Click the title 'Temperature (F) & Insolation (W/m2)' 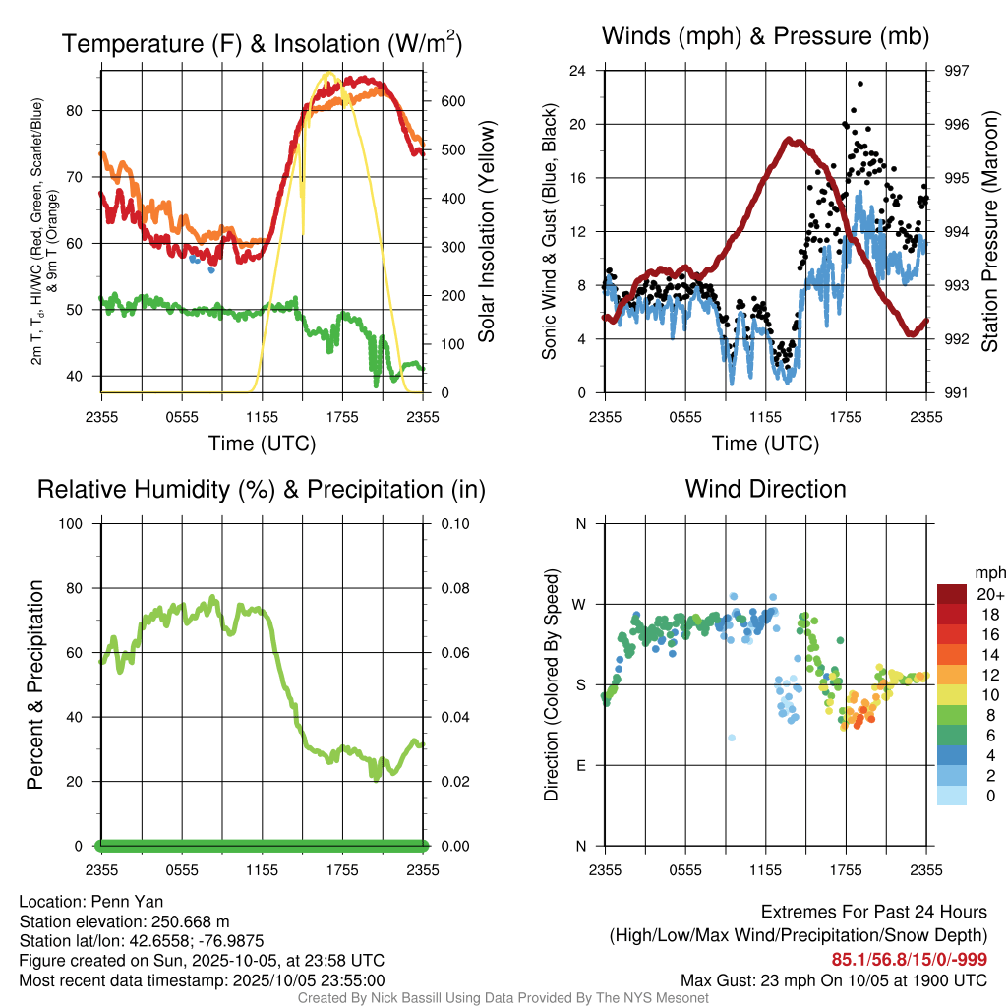[x=262, y=44]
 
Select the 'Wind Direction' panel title [x=765, y=489]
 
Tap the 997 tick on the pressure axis [x=956, y=71]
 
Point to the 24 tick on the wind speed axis [x=578, y=71]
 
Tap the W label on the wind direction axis [x=580, y=604]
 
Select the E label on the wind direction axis [x=580, y=765]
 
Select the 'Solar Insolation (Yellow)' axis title [x=486, y=232]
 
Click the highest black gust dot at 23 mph [x=860, y=84]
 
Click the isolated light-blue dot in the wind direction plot [x=731, y=738]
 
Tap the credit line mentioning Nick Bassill [x=503, y=997]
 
